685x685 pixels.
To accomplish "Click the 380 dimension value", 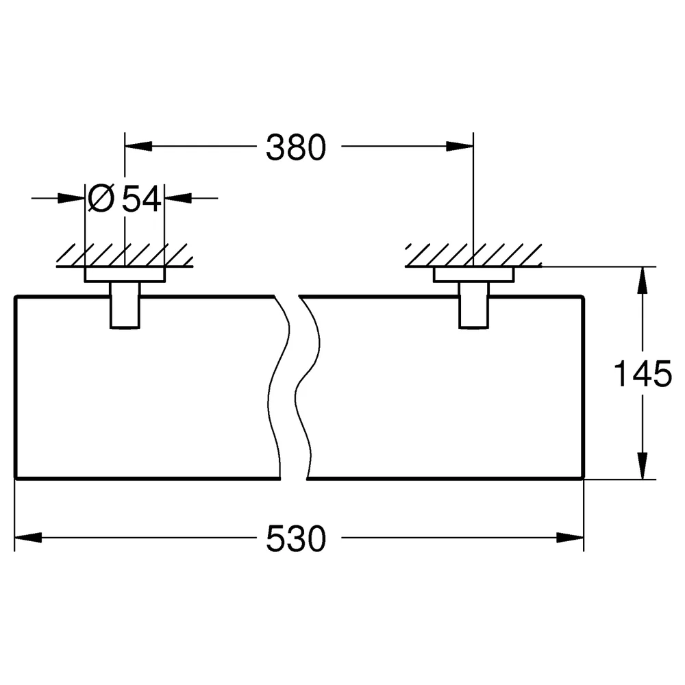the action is pos(296,147).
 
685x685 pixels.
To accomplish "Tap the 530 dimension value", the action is pos(296,538).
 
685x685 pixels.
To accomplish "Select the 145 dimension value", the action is pos(643,373).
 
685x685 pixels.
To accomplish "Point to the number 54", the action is pos(141,199).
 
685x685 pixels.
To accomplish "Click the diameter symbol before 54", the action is pos(101,198).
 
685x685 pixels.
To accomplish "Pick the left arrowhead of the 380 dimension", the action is pos(138,147).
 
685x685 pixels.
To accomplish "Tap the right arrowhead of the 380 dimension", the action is pos(460,147).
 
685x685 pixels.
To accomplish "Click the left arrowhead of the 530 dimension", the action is pos(28,537).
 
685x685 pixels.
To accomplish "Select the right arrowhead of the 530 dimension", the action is pos(570,537).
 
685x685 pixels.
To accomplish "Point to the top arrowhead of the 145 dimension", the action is pos(643,280).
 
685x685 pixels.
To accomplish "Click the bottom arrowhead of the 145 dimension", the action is pos(643,466).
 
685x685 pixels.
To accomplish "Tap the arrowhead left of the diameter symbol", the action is pos(71,199).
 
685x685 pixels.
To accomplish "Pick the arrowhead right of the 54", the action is pos(178,199).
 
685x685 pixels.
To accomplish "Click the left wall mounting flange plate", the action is pos(125,275).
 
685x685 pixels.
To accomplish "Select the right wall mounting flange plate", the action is pos(474,275).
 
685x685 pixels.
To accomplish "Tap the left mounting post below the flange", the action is pos(125,305).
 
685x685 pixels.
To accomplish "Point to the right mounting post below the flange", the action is pos(474,305).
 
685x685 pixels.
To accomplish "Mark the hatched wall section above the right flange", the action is pos(473,255).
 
